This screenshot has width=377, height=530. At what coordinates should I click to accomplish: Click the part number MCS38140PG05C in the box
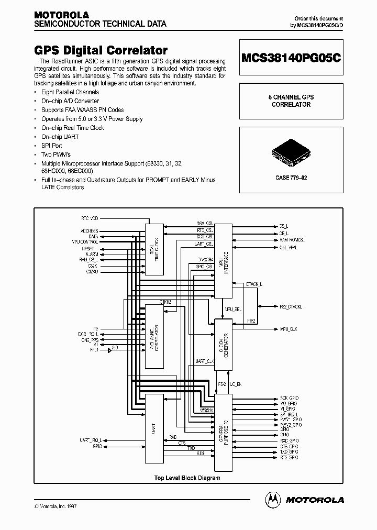pyautogui.click(x=292, y=59)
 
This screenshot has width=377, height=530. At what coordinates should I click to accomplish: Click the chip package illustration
pyautogui.click(x=291, y=152)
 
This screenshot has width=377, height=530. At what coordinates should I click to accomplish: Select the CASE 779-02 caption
pyautogui.click(x=291, y=178)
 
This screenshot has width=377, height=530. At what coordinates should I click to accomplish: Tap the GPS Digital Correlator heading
pyautogui.click(x=101, y=50)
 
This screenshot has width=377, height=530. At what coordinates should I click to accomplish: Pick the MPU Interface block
pyautogui.click(x=224, y=261)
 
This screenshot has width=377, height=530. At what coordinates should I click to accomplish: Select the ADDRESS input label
pyautogui.click(x=89, y=231)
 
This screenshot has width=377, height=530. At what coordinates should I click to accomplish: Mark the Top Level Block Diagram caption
pyautogui.click(x=186, y=478)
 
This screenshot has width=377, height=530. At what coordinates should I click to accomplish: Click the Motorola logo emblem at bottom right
pyautogui.click(x=273, y=500)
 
